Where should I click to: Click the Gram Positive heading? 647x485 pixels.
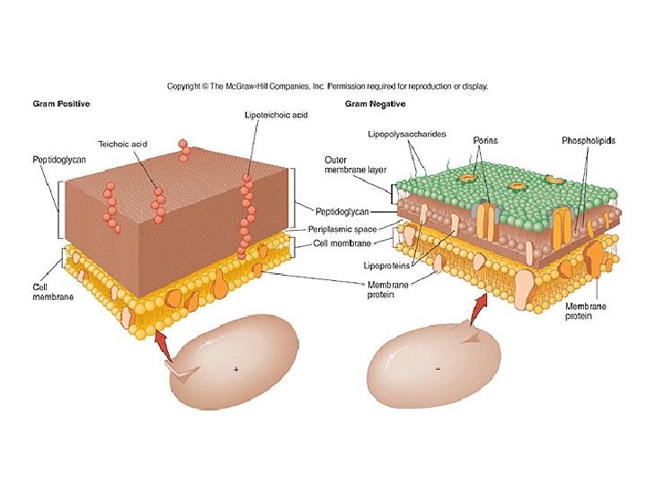click(61, 104)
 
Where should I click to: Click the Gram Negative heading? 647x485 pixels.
click(374, 104)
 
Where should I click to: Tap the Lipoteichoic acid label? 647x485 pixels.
click(277, 114)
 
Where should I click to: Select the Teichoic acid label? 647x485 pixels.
click(122, 144)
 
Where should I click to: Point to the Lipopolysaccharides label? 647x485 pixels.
click(407, 135)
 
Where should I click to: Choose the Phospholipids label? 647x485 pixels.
click(589, 140)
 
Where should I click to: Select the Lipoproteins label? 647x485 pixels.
click(387, 266)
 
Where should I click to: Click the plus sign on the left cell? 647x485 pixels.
click(235, 369)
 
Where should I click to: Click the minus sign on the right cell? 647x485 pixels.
click(437, 369)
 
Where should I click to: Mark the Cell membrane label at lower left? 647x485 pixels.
click(48, 290)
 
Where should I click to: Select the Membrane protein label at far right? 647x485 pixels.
click(586, 311)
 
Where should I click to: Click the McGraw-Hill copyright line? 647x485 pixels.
click(328, 87)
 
